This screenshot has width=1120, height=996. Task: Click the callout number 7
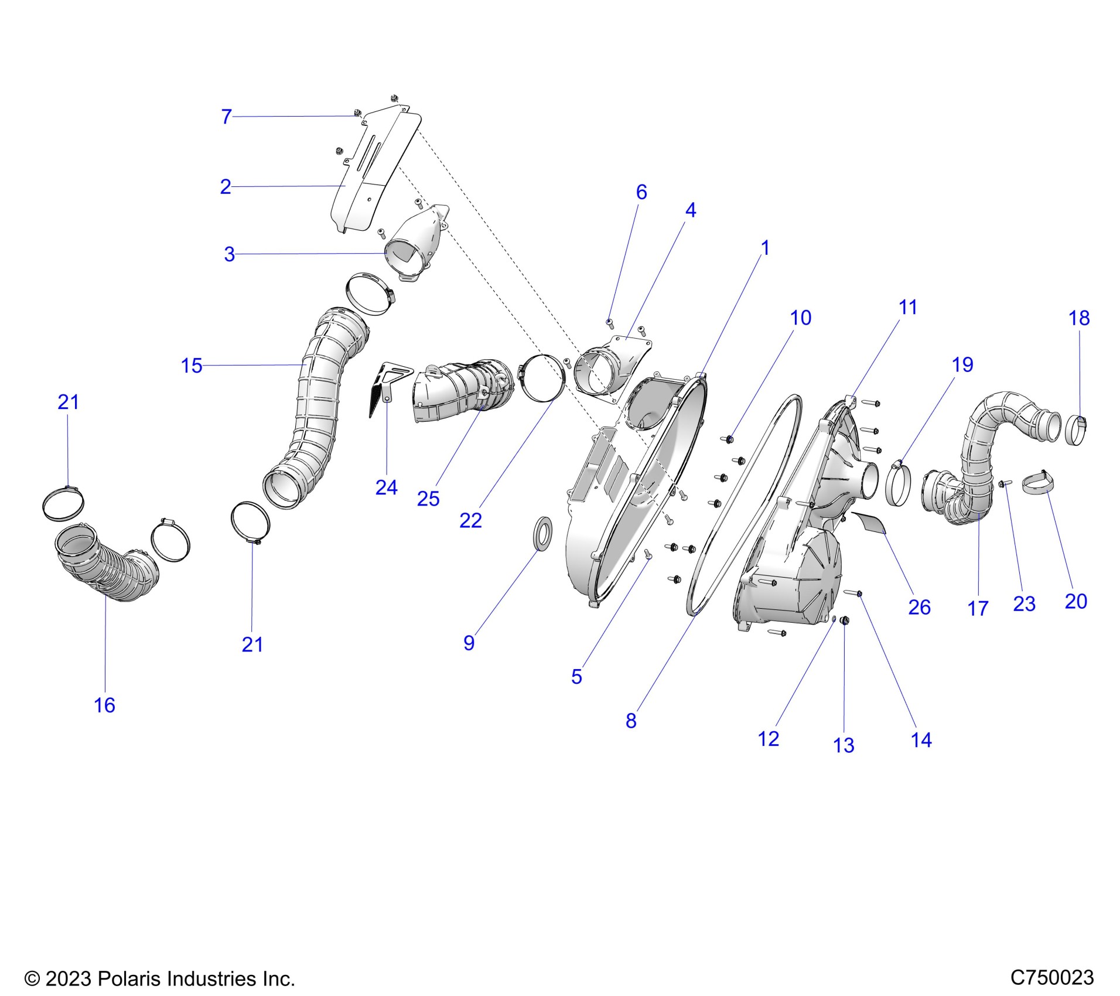click(227, 117)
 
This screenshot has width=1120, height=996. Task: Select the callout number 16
click(105, 705)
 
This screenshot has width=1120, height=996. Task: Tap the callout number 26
click(919, 607)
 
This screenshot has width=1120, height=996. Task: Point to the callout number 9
click(469, 643)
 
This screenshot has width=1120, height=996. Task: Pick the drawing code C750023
click(1052, 977)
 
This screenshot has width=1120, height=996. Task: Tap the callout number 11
click(907, 307)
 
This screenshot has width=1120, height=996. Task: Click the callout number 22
click(470, 520)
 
